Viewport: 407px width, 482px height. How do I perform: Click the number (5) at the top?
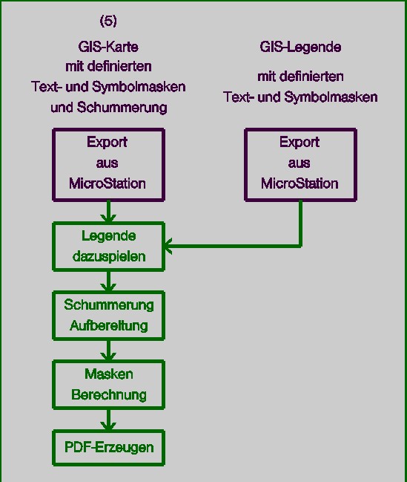click(108, 22)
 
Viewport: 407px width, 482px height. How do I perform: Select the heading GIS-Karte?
click(108, 47)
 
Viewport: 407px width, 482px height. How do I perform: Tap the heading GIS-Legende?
click(300, 47)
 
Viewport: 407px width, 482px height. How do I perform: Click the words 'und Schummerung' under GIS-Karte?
click(109, 108)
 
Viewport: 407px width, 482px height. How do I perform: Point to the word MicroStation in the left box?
click(107, 183)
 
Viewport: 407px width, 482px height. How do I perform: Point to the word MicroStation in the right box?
click(300, 183)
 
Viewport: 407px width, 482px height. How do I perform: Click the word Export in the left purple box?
click(107, 143)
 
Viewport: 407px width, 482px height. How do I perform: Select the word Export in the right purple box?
click(300, 143)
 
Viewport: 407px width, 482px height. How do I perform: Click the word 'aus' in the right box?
click(300, 163)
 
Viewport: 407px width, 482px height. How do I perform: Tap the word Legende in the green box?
click(109, 236)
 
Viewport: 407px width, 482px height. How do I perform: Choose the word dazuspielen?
click(109, 256)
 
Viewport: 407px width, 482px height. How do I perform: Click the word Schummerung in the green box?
click(109, 305)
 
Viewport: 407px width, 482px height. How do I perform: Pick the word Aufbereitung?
click(109, 325)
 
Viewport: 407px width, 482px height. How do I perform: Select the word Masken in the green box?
click(109, 374)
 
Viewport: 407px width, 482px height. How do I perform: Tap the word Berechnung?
click(109, 394)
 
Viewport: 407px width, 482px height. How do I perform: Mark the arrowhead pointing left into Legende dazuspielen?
click(168, 246)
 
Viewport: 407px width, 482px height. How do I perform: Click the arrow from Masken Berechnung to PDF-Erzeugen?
click(108, 420)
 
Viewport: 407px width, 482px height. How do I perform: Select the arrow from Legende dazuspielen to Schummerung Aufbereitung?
click(108, 281)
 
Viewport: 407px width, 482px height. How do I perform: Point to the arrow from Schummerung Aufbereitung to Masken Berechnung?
click(108, 351)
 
